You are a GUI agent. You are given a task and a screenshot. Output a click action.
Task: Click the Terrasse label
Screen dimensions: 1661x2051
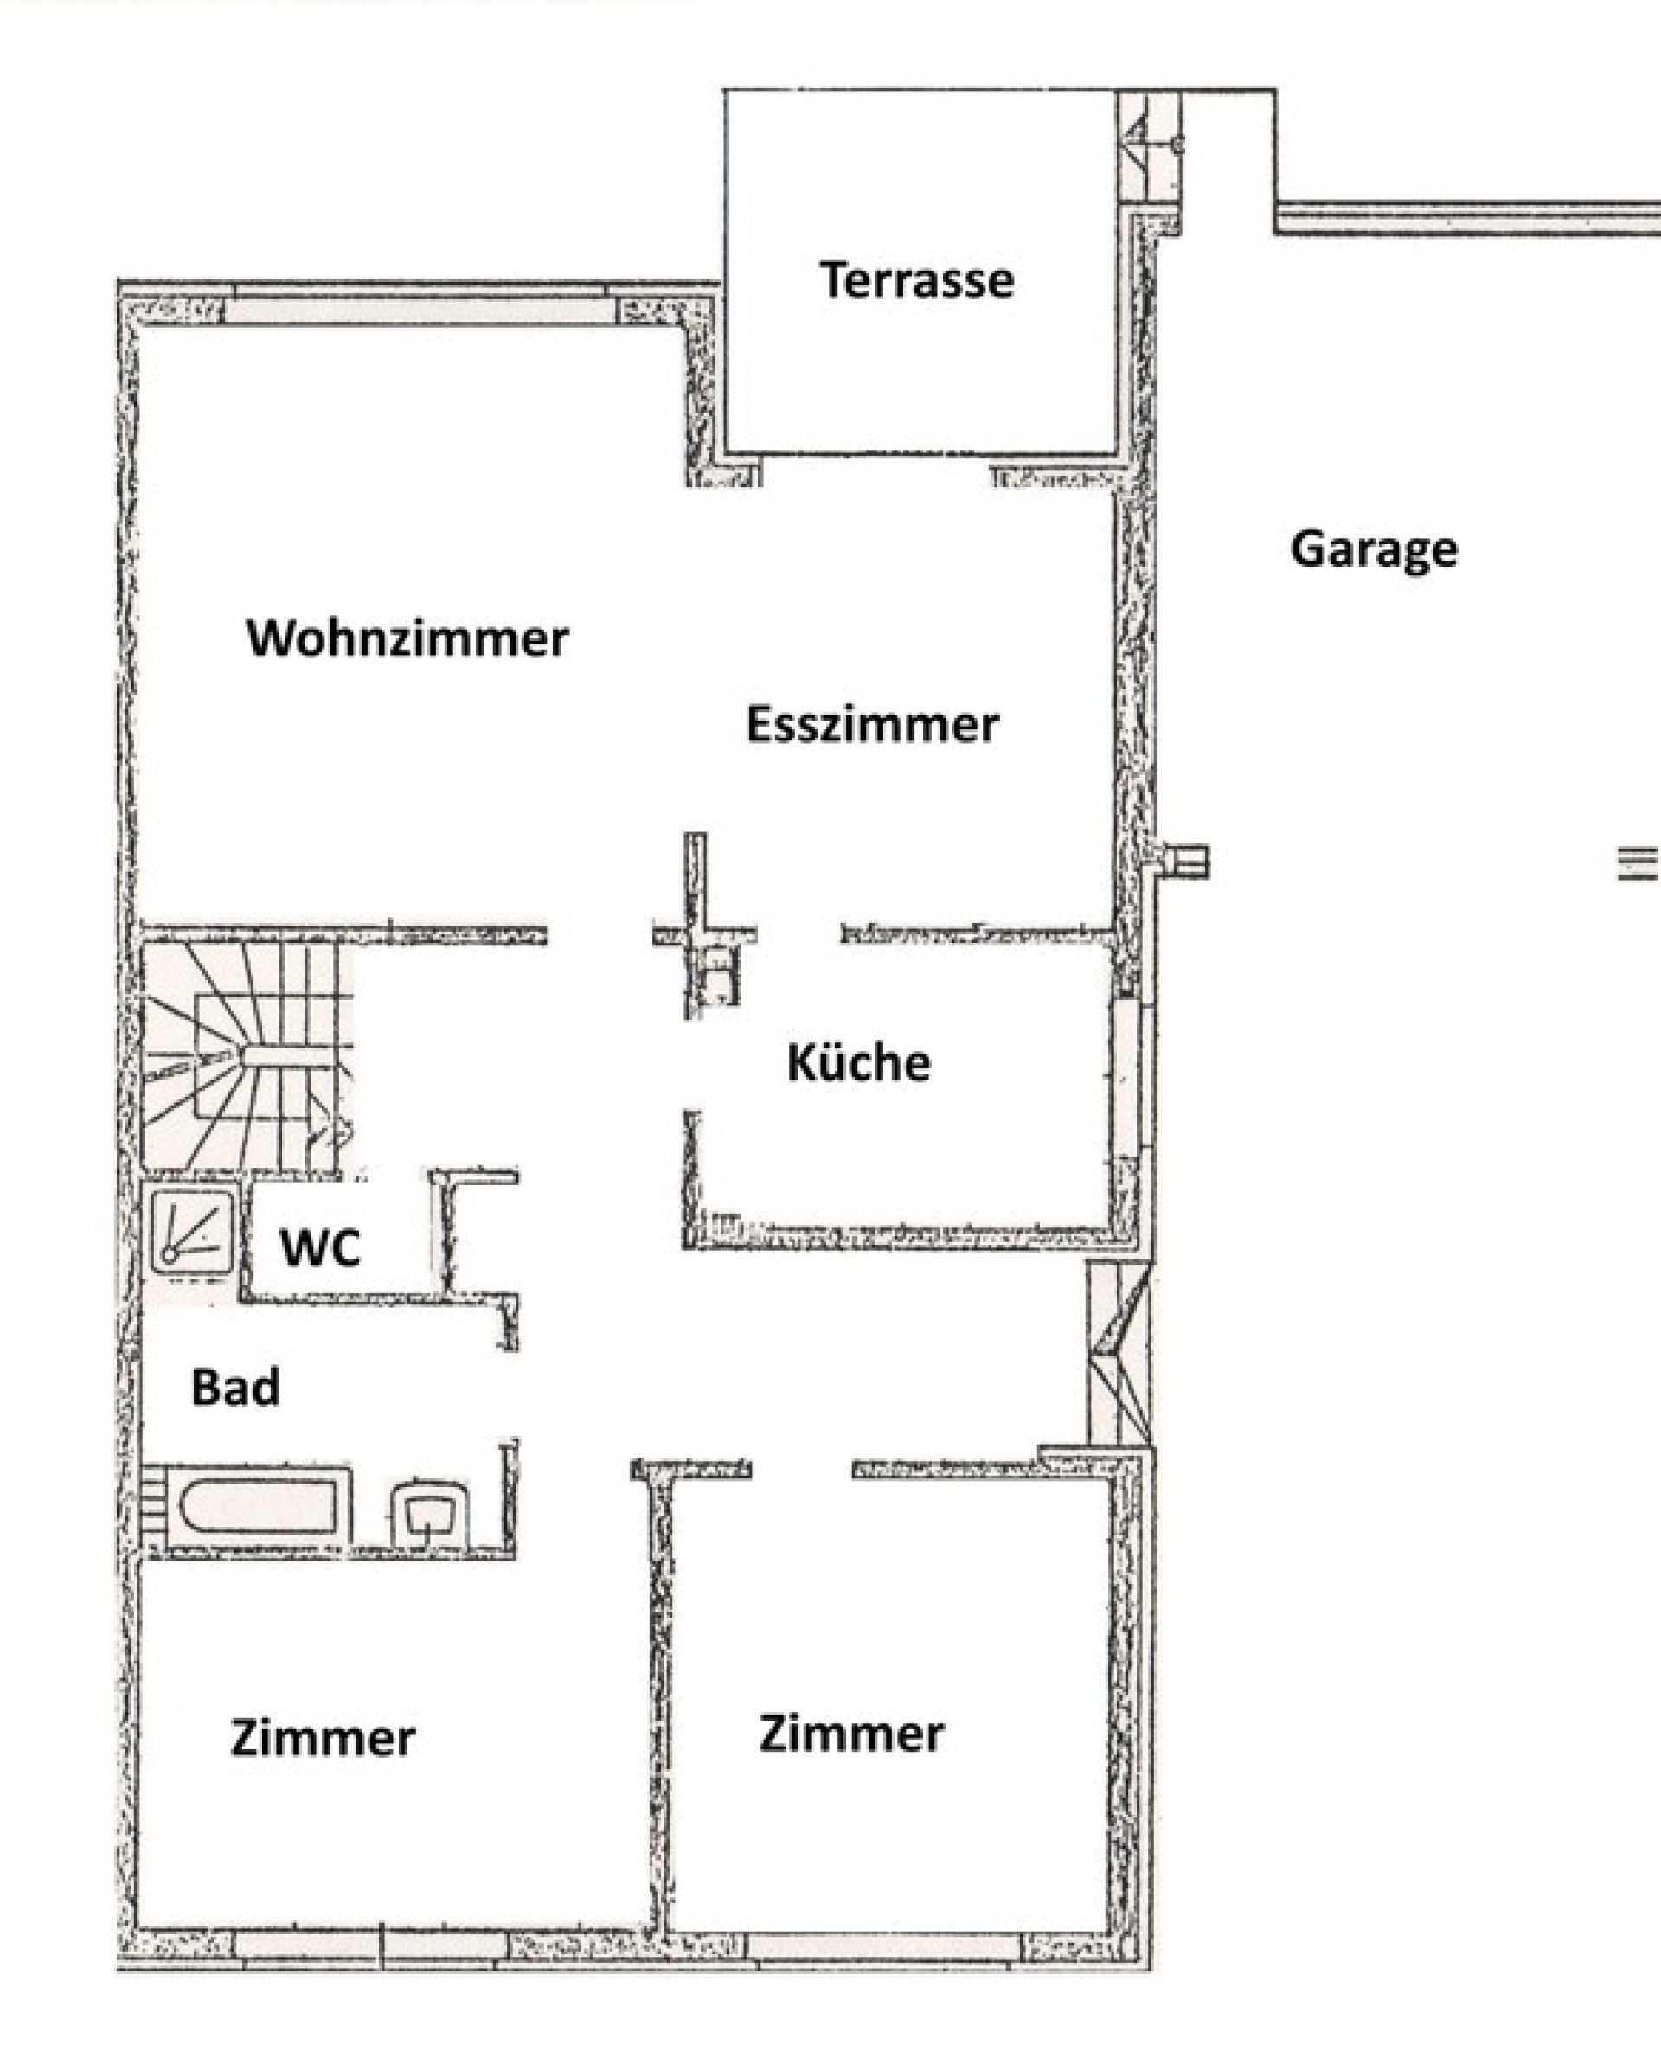click(917, 279)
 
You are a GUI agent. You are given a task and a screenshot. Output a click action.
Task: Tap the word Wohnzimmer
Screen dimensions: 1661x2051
click(408, 638)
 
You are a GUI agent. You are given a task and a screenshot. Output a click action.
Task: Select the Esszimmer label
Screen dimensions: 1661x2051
click(872, 724)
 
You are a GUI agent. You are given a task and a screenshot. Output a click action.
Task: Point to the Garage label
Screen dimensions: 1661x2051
click(1374, 549)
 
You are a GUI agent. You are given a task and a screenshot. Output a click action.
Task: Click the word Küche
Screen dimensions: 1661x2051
click(858, 1062)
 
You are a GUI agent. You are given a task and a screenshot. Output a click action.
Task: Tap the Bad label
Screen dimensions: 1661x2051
click(235, 1388)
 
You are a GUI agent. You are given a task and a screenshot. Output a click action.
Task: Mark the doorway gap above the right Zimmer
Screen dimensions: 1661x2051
click(802, 1469)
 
